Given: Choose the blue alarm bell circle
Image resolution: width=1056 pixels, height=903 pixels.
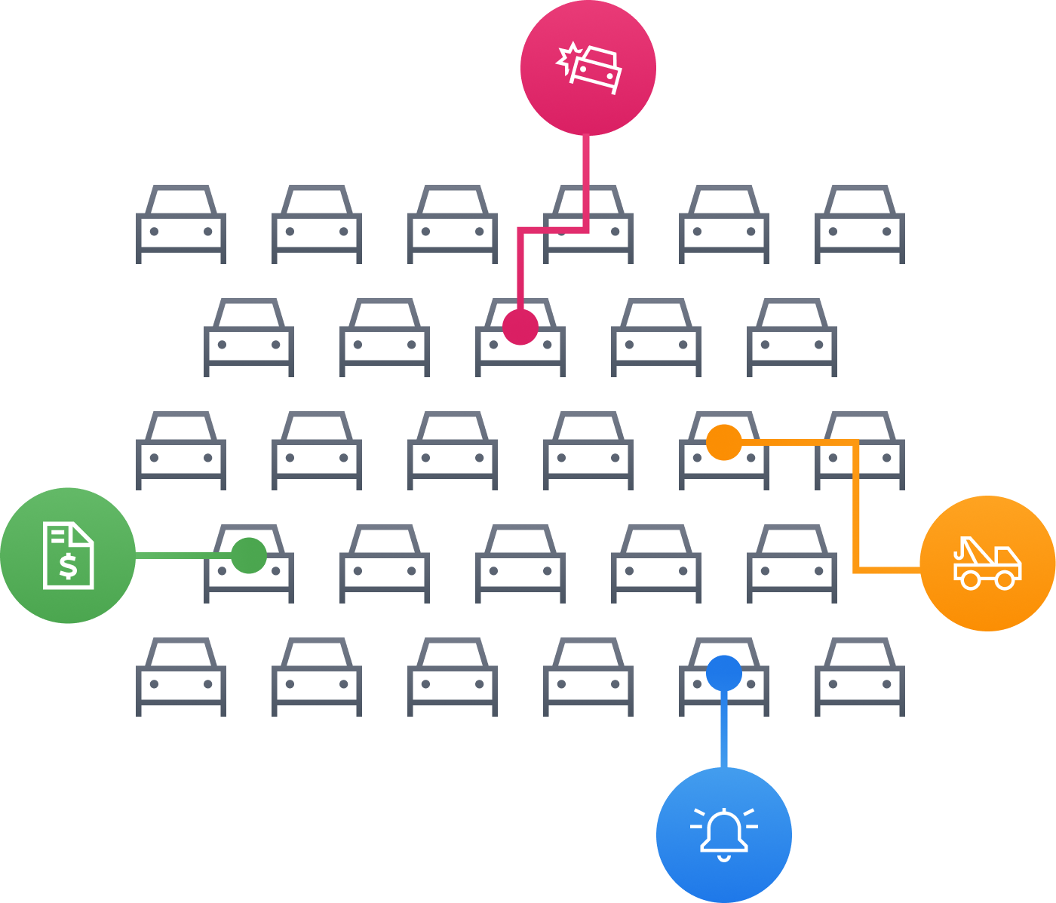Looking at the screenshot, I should pyautogui.click(x=723, y=868).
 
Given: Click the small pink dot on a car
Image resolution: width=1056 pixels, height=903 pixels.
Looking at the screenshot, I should pyautogui.click(x=520, y=327).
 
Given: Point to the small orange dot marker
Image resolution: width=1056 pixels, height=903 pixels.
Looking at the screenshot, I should pyautogui.click(x=724, y=442).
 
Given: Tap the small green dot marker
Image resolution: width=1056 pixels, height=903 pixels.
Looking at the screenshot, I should pyautogui.click(x=249, y=555).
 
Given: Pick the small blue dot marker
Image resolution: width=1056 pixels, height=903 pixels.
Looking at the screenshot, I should pyautogui.click(x=724, y=673).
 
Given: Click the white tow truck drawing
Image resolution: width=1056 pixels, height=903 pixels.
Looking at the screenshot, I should pyautogui.click(x=987, y=564).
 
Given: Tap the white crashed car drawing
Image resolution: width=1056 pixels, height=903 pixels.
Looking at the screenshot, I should pyautogui.click(x=591, y=68).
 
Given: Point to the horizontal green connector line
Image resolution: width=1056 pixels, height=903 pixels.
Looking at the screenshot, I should pyautogui.click(x=181, y=556).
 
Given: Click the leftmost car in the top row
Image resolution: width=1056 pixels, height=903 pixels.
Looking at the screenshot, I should pyautogui.click(x=181, y=225).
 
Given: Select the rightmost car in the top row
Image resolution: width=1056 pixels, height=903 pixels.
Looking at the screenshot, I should pyautogui.click(x=860, y=225).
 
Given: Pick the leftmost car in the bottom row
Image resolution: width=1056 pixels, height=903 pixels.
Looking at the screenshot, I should pyautogui.click(x=181, y=677).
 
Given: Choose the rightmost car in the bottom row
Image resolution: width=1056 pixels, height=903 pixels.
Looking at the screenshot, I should pyautogui.click(x=860, y=677).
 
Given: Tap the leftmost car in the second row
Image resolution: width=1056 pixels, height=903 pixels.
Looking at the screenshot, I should pyautogui.click(x=249, y=338).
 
